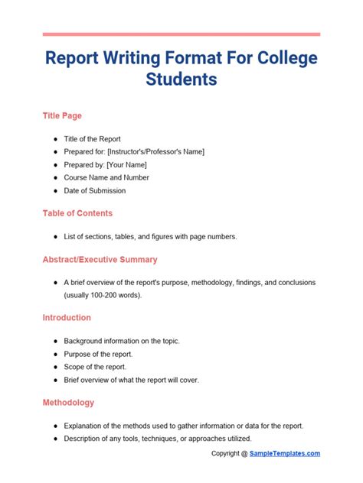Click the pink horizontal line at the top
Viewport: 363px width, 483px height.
point(181,34)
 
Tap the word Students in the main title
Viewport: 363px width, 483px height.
point(181,79)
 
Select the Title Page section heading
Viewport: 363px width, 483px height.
point(62,116)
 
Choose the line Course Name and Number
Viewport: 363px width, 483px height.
point(106,177)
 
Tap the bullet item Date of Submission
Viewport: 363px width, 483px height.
point(95,190)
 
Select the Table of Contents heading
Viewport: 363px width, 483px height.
point(77,213)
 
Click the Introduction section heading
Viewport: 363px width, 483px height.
point(67,317)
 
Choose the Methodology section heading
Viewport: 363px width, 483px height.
point(68,402)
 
